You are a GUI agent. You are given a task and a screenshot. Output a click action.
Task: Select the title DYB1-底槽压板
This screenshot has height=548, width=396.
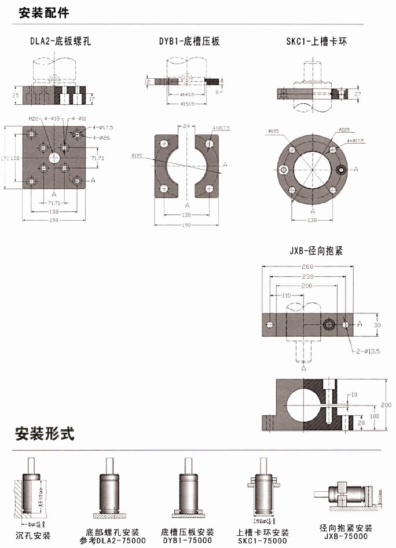coord(189,41)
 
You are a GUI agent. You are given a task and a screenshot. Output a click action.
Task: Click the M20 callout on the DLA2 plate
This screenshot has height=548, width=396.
coord(34,118)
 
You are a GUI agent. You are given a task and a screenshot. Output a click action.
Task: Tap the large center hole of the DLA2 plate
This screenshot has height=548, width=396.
coord(54,157)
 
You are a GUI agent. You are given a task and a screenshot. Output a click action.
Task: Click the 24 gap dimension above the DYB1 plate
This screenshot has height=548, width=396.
coord(186,125)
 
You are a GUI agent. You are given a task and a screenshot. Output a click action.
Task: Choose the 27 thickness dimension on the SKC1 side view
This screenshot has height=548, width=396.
coord(358,93)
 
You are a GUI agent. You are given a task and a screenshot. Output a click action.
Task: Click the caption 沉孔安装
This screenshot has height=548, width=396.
coord(33,535)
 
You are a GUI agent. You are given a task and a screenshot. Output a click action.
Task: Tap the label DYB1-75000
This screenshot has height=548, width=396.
coord(187,540)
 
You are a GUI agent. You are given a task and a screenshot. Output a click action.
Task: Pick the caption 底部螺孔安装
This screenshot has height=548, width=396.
coord(112,532)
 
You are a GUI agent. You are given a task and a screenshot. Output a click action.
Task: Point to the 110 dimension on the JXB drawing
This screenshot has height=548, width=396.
coord(286,295)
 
